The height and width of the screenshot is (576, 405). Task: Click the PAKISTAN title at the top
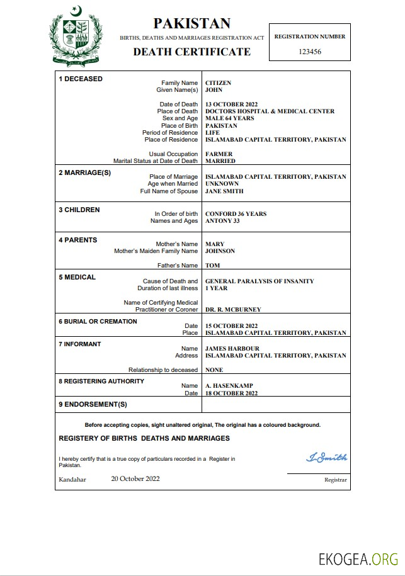click(x=191, y=24)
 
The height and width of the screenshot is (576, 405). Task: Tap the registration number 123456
click(x=310, y=52)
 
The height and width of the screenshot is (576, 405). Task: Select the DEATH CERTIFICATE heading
click(x=191, y=52)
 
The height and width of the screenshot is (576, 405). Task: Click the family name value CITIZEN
click(x=219, y=83)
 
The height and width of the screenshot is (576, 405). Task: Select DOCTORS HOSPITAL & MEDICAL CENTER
click(x=270, y=111)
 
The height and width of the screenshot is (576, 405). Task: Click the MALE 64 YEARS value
click(x=230, y=118)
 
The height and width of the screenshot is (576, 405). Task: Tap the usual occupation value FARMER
click(x=219, y=154)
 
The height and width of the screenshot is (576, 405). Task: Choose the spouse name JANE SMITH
click(x=224, y=191)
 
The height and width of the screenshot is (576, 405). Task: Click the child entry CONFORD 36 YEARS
click(x=236, y=214)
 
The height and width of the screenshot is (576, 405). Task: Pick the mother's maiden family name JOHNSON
click(x=220, y=251)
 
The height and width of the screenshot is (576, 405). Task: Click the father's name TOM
click(x=212, y=266)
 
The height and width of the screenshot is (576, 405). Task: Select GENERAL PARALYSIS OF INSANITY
click(x=260, y=281)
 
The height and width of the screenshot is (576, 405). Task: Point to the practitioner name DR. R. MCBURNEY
click(x=233, y=310)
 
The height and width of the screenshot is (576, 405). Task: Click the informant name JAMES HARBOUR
click(x=232, y=349)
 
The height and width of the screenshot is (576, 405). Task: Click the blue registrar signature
click(x=326, y=458)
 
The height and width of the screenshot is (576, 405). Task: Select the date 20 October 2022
click(x=135, y=479)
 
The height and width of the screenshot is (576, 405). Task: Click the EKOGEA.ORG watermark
click(x=358, y=558)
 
